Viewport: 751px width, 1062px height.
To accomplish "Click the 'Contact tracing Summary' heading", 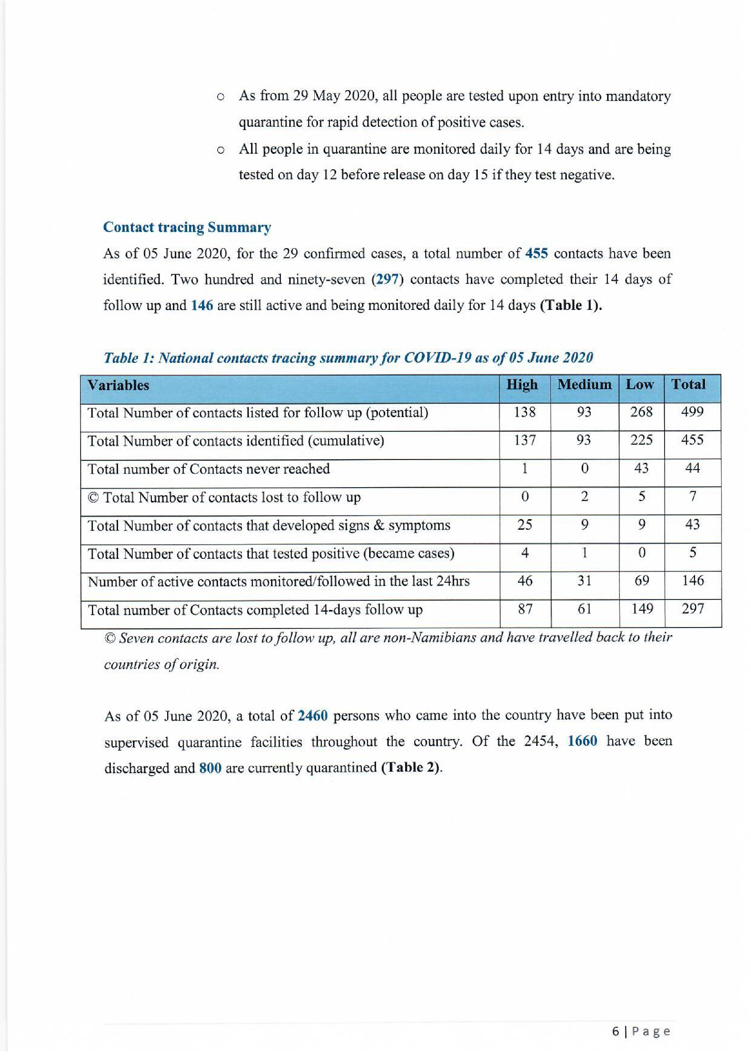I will click(187, 227).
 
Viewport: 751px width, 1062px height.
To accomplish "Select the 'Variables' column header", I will click(118, 385).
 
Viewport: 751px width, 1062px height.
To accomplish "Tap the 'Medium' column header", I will click(584, 384).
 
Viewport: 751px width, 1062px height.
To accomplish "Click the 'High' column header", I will click(522, 384).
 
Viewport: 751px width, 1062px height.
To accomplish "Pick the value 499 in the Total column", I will click(692, 411).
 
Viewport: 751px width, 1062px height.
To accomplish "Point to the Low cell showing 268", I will click(641, 411).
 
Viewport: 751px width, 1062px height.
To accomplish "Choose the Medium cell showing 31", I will click(585, 581).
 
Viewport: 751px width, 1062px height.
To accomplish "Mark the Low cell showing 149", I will click(642, 609).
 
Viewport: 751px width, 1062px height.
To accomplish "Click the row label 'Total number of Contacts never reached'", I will click(209, 469).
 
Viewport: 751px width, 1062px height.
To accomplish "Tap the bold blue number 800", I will click(210, 768).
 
